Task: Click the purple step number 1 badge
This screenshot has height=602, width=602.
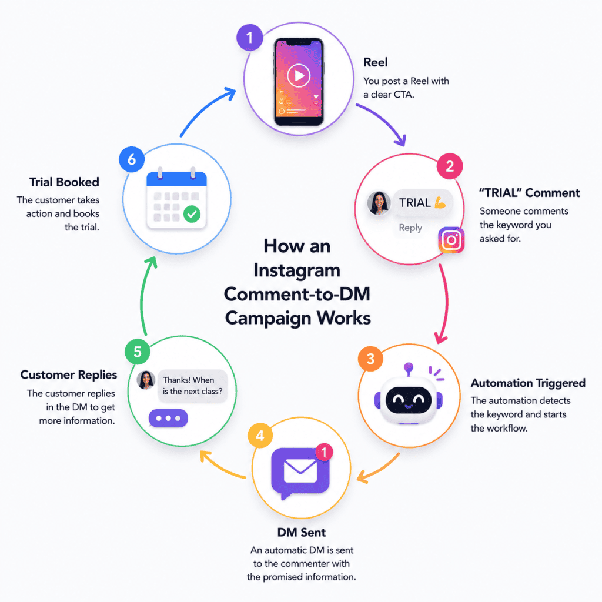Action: pyautogui.click(x=250, y=38)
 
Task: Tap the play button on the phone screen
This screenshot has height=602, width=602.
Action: pyautogui.click(x=298, y=75)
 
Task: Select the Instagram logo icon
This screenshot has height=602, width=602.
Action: pyautogui.click(x=451, y=240)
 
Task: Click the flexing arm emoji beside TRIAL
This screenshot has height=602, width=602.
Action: pyautogui.click(x=440, y=202)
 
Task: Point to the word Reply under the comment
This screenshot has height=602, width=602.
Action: pyautogui.click(x=410, y=228)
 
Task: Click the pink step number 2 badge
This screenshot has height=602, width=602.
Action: pyautogui.click(x=450, y=166)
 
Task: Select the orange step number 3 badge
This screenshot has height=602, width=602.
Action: pyautogui.click(x=370, y=359)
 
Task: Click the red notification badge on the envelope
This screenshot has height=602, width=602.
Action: pyautogui.click(x=324, y=452)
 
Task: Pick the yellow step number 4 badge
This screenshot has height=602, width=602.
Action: pyautogui.click(x=260, y=436)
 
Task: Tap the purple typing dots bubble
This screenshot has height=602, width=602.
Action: pyautogui.click(x=168, y=418)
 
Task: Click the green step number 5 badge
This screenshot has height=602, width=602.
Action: pyautogui.click(x=138, y=352)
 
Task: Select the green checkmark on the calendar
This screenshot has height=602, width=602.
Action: pyautogui.click(x=192, y=214)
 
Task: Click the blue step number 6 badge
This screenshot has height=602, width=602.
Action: pyautogui.click(x=132, y=159)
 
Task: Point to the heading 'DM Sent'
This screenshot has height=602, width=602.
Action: pyautogui.click(x=302, y=533)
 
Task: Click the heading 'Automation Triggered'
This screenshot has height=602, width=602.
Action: pyautogui.click(x=528, y=383)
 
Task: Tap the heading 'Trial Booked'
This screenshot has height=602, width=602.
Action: pyautogui.click(x=64, y=182)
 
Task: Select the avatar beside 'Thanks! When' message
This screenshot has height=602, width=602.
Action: pyautogui.click(x=146, y=380)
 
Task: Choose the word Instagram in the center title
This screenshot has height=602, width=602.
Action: pyautogui.click(x=297, y=271)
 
